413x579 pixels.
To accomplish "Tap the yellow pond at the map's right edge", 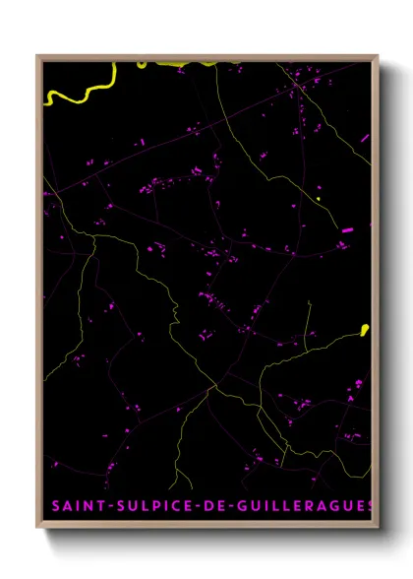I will click(x=364, y=329).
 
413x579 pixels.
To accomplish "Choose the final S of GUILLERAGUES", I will click(x=371, y=506).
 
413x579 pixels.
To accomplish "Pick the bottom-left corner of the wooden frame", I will click(x=38, y=529).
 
